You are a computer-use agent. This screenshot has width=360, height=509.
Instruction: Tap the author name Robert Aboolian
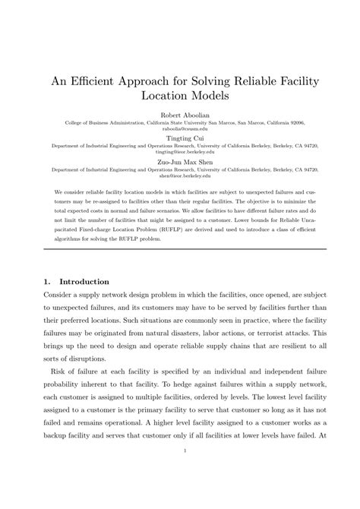180,115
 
